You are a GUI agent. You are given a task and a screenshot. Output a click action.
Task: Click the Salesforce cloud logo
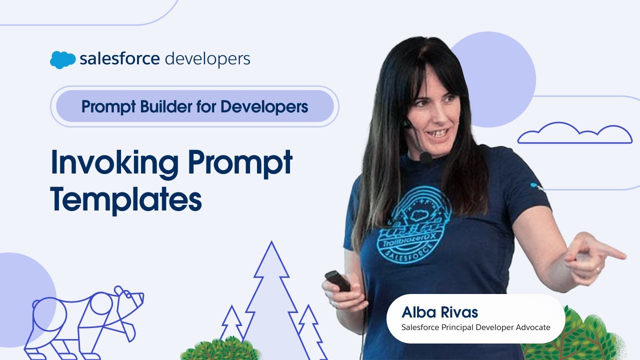pyautogui.click(x=62, y=59)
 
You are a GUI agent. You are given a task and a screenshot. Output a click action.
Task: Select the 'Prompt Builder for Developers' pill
pyautogui.click(x=194, y=106)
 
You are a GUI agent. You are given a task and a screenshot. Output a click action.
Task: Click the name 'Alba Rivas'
pyautogui.click(x=439, y=313)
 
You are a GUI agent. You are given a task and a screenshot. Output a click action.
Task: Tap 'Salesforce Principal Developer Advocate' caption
pyautogui.click(x=475, y=327)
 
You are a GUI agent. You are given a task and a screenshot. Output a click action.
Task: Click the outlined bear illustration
pyautogui.click(x=85, y=320)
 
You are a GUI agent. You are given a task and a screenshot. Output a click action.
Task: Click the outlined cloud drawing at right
pyautogui.click(x=574, y=134)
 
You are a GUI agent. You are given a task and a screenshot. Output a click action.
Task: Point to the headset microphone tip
pyautogui.click(x=425, y=157)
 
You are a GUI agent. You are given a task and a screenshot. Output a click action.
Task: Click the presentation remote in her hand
pyautogui.click(x=337, y=280)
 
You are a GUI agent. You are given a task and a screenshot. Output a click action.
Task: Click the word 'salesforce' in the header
pyautogui.click(x=119, y=59)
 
